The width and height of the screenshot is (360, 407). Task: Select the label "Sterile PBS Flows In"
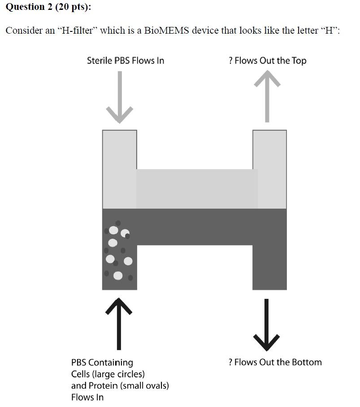pyautogui.click(x=126, y=61)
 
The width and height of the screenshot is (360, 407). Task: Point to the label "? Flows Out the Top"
pyautogui.click(x=267, y=61)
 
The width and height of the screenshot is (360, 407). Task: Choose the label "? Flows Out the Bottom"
pyautogui.click(x=275, y=362)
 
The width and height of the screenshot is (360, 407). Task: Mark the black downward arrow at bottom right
pyautogui.click(x=267, y=325)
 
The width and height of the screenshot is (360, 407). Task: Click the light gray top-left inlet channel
pyautogui.click(x=119, y=168)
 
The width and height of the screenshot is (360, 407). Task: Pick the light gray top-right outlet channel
pyautogui.click(x=269, y=168)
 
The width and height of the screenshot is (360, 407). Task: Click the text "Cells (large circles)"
pyautogui.click(x=108, y=374)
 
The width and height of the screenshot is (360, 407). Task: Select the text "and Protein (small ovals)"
pyautogui.click(x=120, y=385)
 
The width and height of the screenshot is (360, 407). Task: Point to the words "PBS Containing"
pyautogui.click(x=102, y=362)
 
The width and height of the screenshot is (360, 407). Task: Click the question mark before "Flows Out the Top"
pyautogui.click(x=230, y=61)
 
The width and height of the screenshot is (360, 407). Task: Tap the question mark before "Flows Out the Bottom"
pyautogui.click(x=230, y=362)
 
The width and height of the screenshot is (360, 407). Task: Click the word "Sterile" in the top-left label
pyautogui.click(x=100, y=61)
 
